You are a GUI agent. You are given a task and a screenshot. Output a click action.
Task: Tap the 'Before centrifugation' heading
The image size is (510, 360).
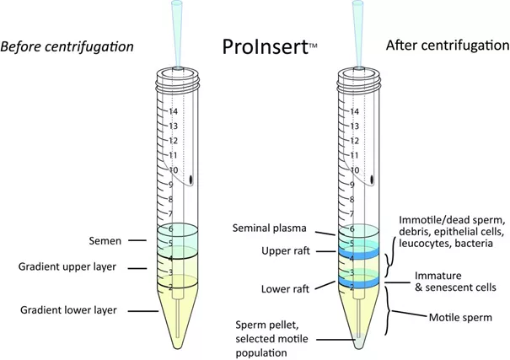(x=67, y=46)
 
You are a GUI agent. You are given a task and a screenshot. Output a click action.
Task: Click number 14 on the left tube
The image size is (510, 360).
(x=173, y=110)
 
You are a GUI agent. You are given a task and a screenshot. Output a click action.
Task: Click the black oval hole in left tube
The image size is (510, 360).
(x=192, y=179)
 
